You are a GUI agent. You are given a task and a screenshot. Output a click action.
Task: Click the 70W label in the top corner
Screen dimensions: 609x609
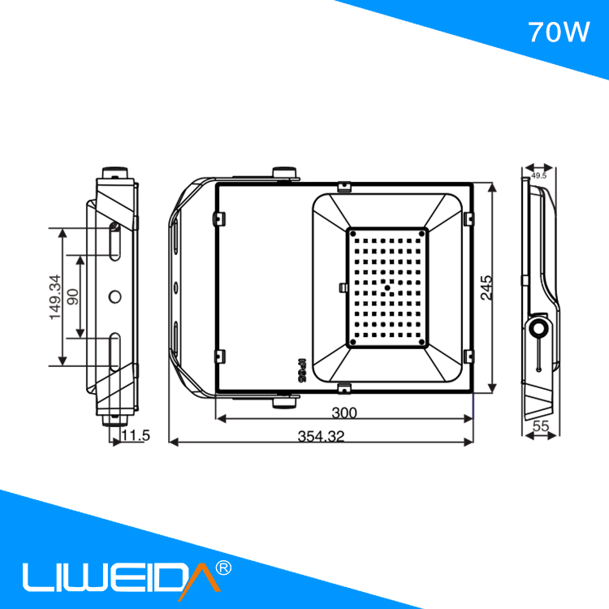(558, 32)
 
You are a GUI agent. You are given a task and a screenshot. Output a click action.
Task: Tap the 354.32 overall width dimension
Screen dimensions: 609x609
(321, 437)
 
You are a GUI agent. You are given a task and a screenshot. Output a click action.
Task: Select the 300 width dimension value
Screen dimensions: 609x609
(344, 412)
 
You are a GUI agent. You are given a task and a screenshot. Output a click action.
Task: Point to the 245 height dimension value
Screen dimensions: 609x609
(486, 288)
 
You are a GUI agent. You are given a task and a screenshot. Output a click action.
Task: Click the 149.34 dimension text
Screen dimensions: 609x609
(54, 296)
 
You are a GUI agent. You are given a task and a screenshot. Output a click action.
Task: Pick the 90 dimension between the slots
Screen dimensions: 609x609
(73, 296)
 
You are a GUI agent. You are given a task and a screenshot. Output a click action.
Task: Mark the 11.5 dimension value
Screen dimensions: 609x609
(135, 436)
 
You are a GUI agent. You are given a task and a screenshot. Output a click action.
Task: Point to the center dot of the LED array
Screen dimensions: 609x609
(388, 287)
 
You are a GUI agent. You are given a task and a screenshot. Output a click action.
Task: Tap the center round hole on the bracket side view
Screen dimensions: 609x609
(114, 296)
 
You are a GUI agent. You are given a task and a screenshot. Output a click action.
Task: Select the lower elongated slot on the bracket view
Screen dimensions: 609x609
(114, 351)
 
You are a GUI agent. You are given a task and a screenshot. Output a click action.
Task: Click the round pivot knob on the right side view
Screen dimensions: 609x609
(538, 328)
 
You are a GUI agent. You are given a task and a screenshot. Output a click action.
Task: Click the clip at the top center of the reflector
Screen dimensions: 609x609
(344, 187)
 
